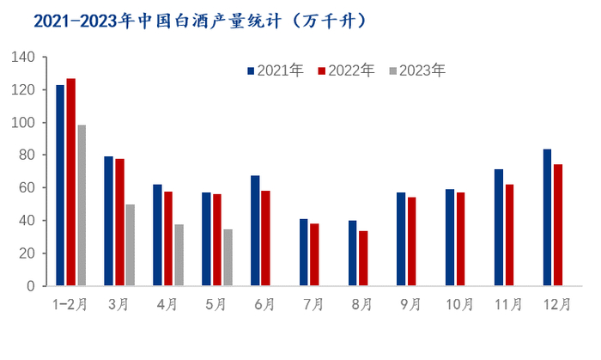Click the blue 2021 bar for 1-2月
click(60, 185)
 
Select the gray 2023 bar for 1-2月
click(82, 205)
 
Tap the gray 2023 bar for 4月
click(179, 254)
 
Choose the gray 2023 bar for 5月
click(228, 257)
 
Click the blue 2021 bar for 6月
click(255, 230)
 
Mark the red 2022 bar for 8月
click(363, 258)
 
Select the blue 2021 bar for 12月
click(547, 217)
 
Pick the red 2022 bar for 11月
click(509, 235)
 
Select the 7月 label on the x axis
click(314, 304)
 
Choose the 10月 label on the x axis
click(460, 304)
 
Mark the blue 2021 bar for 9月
click(401, 239)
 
